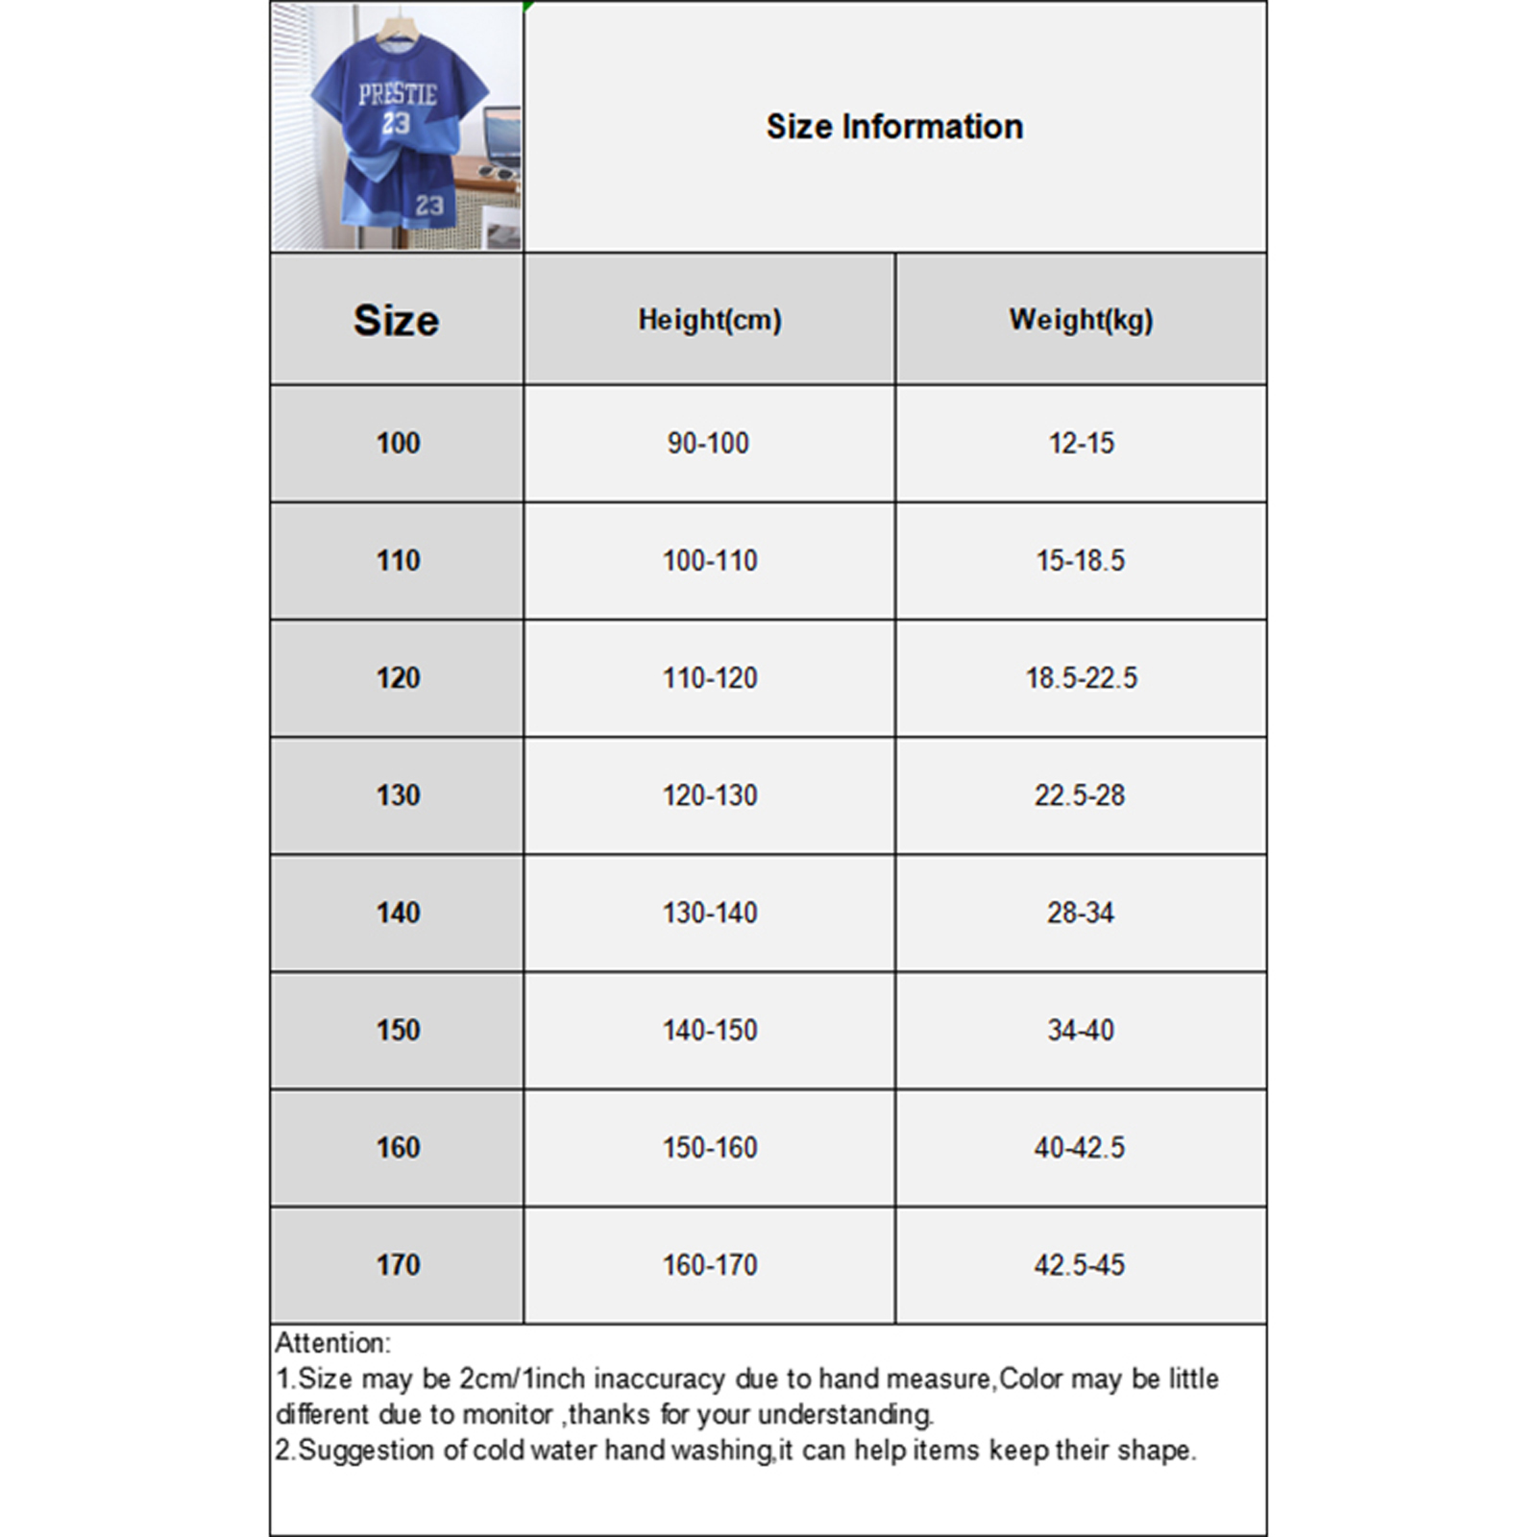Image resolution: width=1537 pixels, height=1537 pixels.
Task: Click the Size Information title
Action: [x=894, y=127]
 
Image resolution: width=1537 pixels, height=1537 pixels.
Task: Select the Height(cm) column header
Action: [x=710, y=320]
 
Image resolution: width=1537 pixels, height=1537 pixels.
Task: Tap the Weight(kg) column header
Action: [x=1081, y=320]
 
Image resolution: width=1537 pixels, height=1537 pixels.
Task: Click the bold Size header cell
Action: [x=396, y=320]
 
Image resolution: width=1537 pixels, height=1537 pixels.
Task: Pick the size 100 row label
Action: [x=398, y=443]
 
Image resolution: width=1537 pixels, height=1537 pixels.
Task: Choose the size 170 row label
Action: [x=398, y=1264]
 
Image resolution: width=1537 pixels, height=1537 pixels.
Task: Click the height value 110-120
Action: [x=710, y=678]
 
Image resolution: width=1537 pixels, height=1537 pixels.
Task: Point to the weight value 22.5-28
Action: [x=1080, y=795]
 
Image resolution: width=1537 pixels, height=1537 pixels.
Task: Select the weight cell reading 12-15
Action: [x=1081, y=443]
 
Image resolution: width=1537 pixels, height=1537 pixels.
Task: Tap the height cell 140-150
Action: [x=710, y=1030]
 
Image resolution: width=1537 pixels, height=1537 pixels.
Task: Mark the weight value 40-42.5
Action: [x=1080, y=1147]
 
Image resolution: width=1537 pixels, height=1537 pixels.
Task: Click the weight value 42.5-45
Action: [x=1080, y=1264]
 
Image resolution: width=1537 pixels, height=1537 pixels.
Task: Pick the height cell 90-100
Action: [x=708, y=443]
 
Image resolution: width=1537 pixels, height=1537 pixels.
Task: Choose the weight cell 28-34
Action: [x=1081, y=913]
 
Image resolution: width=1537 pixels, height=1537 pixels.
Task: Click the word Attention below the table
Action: [x=332, y=1343]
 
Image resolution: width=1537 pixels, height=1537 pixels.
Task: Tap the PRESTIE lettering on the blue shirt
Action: [x=397, y=94]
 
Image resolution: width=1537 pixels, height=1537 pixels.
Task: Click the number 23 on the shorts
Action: [x=429, y=205]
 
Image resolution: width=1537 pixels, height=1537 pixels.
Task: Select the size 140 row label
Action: [x=398, y=913]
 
